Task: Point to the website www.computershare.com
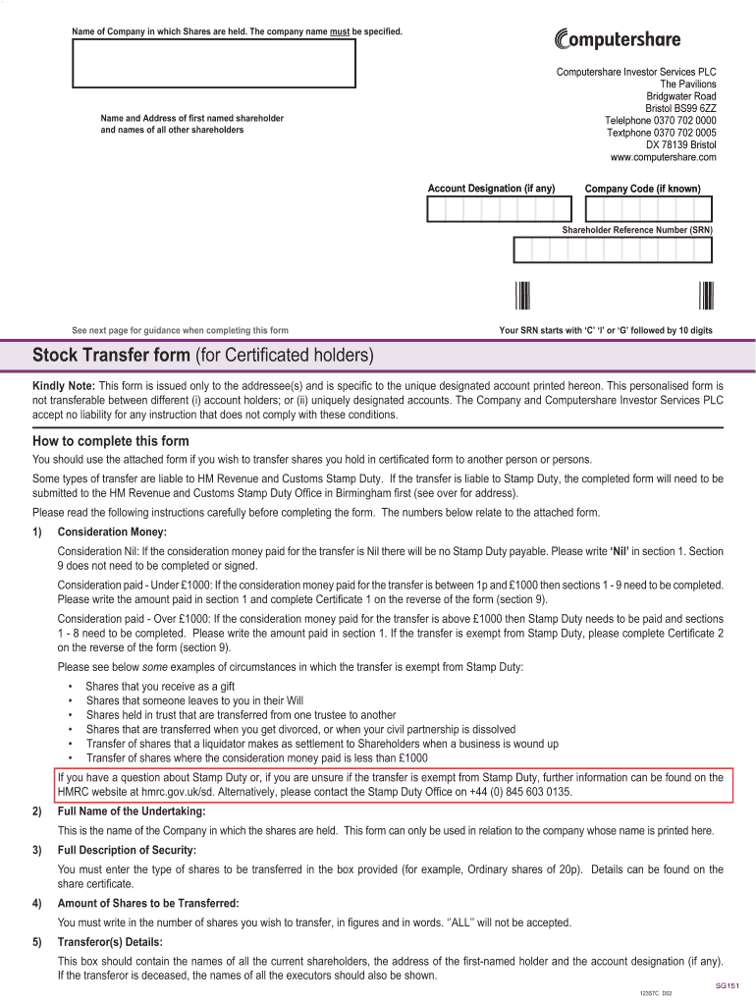tap(663, 157)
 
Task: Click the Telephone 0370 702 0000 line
tap(660, 121)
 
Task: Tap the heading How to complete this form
tap(111, 441)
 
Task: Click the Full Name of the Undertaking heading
tap(132, 811)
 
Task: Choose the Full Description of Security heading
tap(127, 850)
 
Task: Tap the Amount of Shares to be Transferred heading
tap(148, 903)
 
